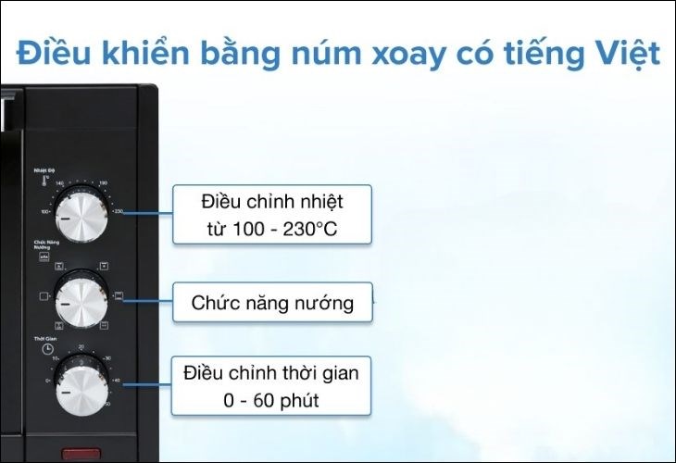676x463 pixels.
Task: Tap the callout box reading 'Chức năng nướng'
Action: (272, 302)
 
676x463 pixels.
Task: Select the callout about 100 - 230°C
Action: (271, 214)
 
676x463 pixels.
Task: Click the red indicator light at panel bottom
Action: (81, 455)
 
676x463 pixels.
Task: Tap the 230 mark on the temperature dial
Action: (118, 212)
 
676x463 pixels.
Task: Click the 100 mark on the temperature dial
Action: (44, 212)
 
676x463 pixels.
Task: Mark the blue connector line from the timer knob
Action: (148, 383)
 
